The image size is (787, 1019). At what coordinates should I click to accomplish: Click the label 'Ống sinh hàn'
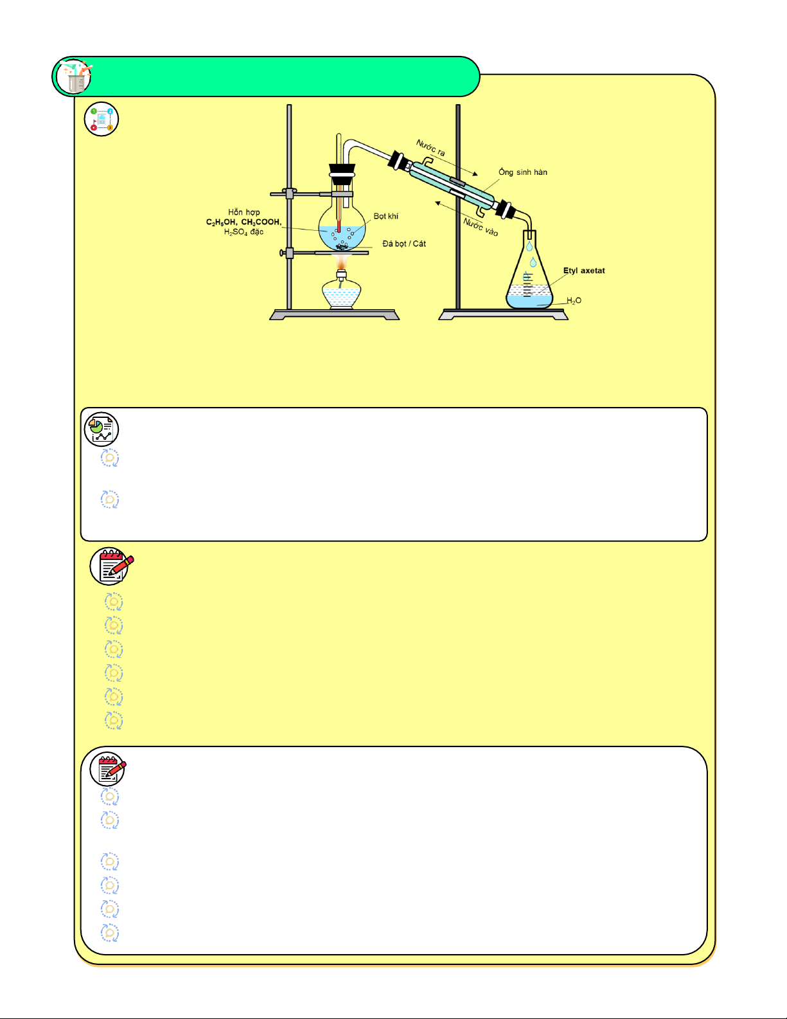point(523,172)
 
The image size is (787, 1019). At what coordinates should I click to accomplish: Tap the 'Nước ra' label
point(430,148)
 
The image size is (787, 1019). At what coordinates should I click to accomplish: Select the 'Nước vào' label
point(481,227)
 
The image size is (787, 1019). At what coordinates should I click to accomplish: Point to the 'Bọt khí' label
point(386,217)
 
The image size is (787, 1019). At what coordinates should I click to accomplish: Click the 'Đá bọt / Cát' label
point(404,244)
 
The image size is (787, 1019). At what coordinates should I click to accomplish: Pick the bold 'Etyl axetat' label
point(584,271)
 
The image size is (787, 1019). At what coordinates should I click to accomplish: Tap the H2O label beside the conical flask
point(574,301)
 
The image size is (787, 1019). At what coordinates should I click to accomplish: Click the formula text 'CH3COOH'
point(261,222)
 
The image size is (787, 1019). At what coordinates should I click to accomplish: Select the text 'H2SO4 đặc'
point(243,232)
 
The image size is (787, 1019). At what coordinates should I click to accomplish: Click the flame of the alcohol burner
point(342,262)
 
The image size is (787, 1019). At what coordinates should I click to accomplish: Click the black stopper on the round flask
point(342,170)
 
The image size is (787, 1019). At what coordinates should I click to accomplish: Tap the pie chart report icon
point(102,429)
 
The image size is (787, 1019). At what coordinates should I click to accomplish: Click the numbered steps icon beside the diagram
point(102,120)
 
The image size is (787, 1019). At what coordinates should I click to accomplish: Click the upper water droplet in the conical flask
point(529,246)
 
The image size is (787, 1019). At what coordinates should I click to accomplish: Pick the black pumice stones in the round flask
point(342,246)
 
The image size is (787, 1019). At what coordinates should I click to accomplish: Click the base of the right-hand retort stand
point(503,315)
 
